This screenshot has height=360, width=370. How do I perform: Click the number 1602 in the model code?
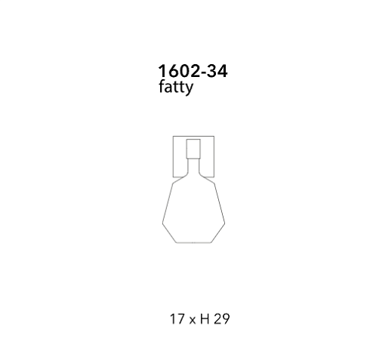click(179, 71)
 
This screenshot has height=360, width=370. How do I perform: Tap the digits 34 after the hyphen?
click(217, 71)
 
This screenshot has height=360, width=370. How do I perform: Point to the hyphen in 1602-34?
click(204, 72)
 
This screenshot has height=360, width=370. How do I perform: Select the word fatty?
click(176, 88)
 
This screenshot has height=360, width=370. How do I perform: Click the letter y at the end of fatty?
click(190, 89)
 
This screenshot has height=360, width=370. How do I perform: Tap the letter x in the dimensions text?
click(193, 320)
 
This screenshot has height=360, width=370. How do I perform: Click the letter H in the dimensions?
click(205, 318)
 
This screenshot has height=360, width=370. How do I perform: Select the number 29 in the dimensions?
click(222, 318)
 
